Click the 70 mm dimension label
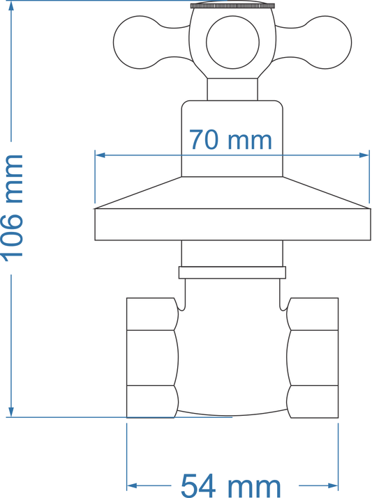click(x=230, y=140)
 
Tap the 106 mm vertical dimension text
click(x=13, y=207)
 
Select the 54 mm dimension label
click(x=231, y=485)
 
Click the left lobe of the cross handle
click(x=143, y=43)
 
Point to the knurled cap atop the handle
click(x=232, y=6)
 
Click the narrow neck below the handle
click(x=232, y=89)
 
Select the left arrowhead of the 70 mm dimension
click(x=99, y=155)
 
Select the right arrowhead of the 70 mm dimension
click(x=364, y=155)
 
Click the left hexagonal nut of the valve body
click(x=151, y=357)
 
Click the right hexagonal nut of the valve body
click(x=313, y=357)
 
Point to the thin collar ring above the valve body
click(x=232, y=272)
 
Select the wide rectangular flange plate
click(x=232, y=225)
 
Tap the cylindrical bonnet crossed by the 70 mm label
click(x=232, y=164)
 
